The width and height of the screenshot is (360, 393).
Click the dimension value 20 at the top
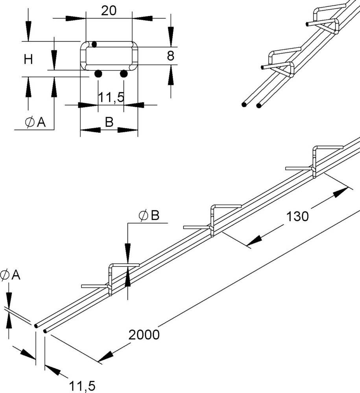[109, 11]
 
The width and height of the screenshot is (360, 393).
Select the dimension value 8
[170, 56]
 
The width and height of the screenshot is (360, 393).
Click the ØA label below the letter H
[35, 123]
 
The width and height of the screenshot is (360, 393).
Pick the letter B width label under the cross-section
[109, 122]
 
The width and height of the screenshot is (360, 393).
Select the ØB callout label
[148, 215]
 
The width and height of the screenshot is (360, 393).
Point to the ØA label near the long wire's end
[10, 275]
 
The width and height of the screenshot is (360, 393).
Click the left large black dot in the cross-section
[98, 73]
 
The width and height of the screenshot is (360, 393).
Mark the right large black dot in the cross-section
[124, 73]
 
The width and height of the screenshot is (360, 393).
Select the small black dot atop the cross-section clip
[94, 44]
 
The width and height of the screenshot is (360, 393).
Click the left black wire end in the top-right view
[245, 105]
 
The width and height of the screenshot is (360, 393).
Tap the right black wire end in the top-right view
[259, 105]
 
